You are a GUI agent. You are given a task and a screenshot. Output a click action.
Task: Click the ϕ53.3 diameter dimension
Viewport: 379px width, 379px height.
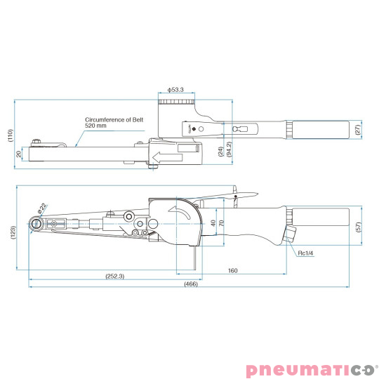point(177,90)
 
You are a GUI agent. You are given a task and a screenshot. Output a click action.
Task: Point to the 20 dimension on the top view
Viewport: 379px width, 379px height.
point(19,154)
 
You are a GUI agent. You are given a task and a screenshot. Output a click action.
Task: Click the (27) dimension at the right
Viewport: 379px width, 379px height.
point(357,130)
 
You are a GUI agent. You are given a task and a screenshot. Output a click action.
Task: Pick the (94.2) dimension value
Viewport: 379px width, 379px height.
point(229,149)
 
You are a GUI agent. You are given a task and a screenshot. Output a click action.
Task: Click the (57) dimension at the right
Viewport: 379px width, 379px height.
point(357,226)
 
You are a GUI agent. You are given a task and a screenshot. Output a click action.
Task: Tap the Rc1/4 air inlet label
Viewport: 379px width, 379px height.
point(305,254)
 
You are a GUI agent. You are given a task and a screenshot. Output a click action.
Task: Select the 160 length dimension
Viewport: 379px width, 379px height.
point(234,270)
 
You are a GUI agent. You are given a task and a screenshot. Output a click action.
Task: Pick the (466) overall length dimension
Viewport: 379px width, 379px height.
point(190,284)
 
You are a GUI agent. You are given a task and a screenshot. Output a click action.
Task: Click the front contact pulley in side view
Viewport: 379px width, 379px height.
point(35,224)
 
